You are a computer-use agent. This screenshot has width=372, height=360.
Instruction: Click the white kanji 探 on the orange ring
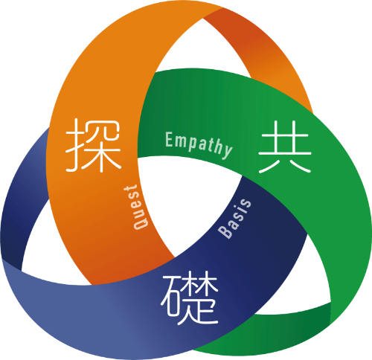point(94,146)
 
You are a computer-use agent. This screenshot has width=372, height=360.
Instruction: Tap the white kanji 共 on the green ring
point(285,147)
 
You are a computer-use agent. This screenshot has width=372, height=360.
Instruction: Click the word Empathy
point(199,145)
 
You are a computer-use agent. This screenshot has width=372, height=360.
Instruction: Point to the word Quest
point(136,208)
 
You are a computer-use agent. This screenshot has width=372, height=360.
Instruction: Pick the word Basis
point(234,219)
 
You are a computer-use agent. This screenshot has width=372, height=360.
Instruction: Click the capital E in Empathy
point(169,139)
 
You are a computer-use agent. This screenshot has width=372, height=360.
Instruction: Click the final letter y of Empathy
point(227,151)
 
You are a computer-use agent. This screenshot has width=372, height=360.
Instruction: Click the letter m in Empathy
point(180,141)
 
